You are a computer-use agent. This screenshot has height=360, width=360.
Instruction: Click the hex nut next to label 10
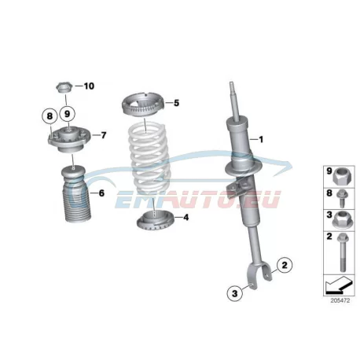[64, 87]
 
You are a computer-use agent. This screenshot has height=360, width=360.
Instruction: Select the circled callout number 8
[50, 116]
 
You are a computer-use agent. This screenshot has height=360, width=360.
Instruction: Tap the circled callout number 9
[68, 114]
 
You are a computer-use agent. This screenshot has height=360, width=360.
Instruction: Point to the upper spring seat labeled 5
[143, 104]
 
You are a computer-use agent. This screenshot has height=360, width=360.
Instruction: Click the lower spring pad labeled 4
[154, 221]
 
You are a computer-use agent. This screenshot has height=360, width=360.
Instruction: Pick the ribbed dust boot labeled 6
[75, 194]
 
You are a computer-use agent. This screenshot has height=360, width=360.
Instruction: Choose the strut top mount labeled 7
[68, 139]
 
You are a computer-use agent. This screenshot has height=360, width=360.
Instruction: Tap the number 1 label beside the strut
[261, 139]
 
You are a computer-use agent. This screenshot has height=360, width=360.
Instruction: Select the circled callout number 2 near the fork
[285, 265]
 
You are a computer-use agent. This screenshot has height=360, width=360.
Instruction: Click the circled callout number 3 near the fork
[235, 293]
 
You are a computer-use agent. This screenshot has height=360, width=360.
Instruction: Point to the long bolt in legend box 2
[342, 252]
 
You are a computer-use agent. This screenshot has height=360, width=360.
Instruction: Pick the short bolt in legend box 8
[343, 198]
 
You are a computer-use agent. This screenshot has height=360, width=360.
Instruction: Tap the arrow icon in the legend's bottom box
[338, 285]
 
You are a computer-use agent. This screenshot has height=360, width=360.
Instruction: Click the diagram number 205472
[340, 301]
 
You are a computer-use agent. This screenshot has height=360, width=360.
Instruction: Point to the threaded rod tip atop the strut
[232, 86]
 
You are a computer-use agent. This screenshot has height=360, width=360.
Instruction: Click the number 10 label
[89, 86]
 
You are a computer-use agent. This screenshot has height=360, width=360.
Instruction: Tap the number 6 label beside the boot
[101, 193]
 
